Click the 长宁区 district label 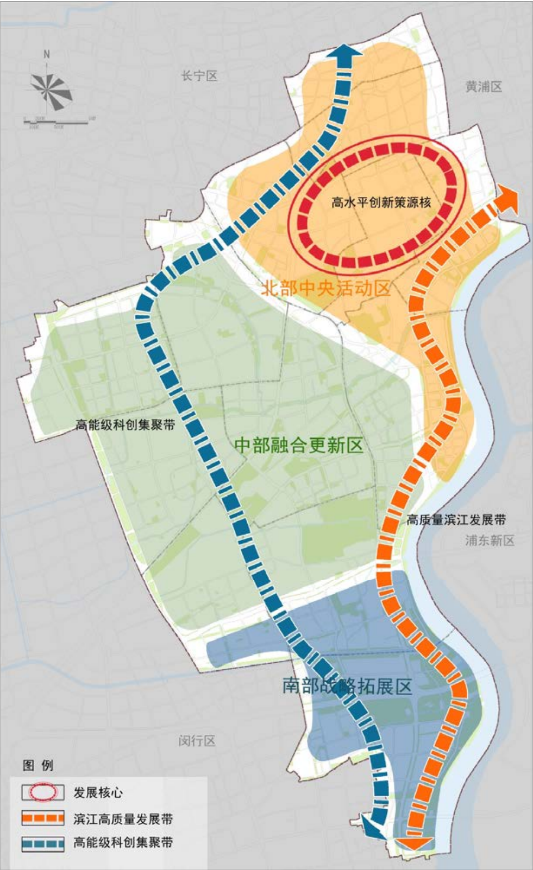[199, 76]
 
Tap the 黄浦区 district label [483, 86]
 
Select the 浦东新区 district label [489, 540]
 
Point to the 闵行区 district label [197, 740]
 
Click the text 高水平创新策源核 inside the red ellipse [381, 203]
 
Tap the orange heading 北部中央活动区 [326, 288]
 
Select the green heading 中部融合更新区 [298, 446]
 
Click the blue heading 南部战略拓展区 [347, 686]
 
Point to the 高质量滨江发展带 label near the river [456, 520]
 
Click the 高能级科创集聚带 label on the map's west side [125, 425]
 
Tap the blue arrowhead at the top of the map [346, 54]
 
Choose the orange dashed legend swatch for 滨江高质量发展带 [43, 818]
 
